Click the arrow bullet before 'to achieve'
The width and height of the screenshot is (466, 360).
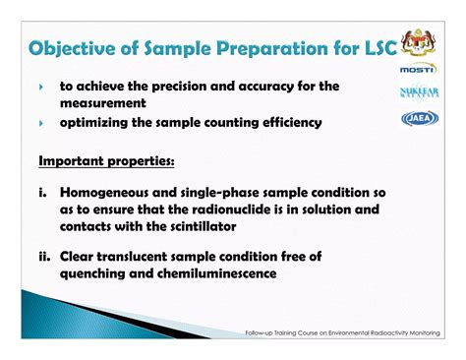(x=41, y=87)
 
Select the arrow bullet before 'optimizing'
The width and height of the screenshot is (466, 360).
(x=41, y=124)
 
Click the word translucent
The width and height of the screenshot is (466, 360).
(x=153, y=256)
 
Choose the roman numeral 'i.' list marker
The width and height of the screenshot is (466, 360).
(x=44, y=193)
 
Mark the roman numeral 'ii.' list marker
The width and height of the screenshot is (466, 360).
(x=45, y=256)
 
